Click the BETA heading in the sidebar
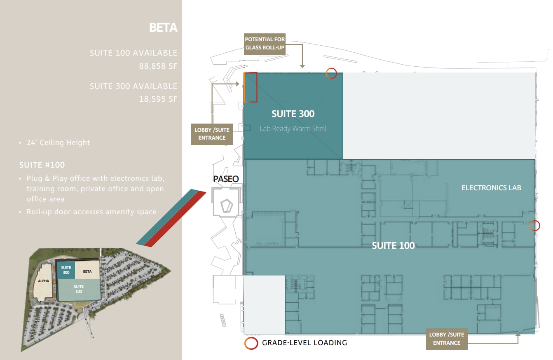tap(163, 28)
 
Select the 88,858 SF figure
tap(158, 65)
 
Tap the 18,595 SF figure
tap(158, 99)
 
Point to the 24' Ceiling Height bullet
tap(58, 143)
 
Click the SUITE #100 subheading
tap(42, 165)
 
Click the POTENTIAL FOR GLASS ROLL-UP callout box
tap(265, 43)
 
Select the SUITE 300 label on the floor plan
tap(293, 114)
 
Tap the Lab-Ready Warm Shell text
tap(293, 129)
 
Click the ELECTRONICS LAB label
tap(491, 188)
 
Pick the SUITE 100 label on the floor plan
tap(393, 245)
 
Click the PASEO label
tap(226, 179)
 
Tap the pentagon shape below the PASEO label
tap(226, 206)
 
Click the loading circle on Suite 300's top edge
tap(331, 73)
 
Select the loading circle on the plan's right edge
tap(534, 225)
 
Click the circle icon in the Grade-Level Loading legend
tap(251, 343)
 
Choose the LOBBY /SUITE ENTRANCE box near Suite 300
tap(212, 134)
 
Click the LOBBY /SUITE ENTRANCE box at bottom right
tap(447, 339)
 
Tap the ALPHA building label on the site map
tap(44, 281)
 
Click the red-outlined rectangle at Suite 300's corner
tap(251, 87)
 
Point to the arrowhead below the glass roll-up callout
tap(302, 65)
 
